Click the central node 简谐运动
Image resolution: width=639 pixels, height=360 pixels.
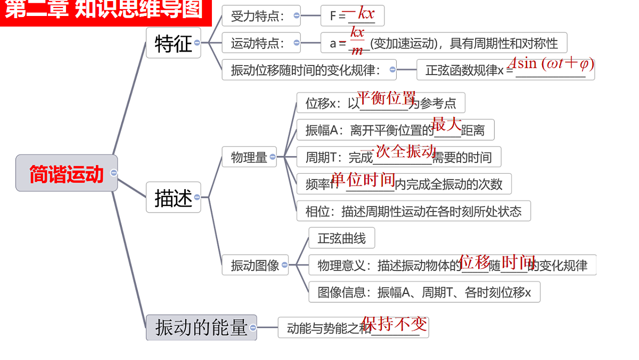point(67,173)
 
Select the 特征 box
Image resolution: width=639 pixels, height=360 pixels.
point(174,43)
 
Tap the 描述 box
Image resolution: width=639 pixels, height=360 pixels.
point(174,197)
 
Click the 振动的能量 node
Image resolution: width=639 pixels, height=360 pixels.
point(201,327)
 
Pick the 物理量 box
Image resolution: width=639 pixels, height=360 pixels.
point(249,157)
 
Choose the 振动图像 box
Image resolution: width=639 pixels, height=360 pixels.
point(255,265)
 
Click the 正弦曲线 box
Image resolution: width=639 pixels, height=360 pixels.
point(342,238)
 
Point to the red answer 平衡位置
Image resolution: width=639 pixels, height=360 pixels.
point(386,97)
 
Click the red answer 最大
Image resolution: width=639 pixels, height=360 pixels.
point(446,124)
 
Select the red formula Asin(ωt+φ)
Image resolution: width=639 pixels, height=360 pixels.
point(551,63)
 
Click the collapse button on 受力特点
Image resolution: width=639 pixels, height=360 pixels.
point(297,15)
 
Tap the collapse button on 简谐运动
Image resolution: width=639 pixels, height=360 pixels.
point(114,173)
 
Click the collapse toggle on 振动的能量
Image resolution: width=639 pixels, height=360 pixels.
point(253,328)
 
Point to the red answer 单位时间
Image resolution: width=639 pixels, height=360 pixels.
point(363,179)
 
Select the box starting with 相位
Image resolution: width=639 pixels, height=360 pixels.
point(414,211)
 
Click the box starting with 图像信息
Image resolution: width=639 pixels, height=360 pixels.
point(424,292)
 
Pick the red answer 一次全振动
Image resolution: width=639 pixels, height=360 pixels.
point(398,151)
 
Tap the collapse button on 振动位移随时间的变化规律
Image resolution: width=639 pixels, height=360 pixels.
point(392,70)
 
